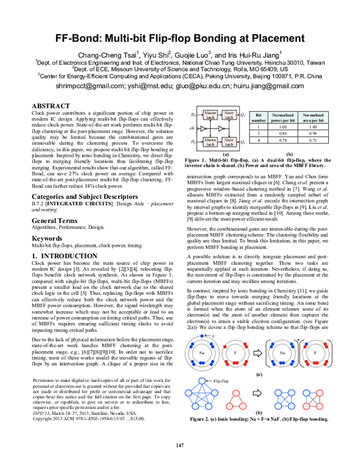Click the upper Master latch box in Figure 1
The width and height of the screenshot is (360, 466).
click(210, 113)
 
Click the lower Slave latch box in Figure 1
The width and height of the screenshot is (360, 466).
click(229, 142)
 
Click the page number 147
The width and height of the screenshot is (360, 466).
click(179, 445)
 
